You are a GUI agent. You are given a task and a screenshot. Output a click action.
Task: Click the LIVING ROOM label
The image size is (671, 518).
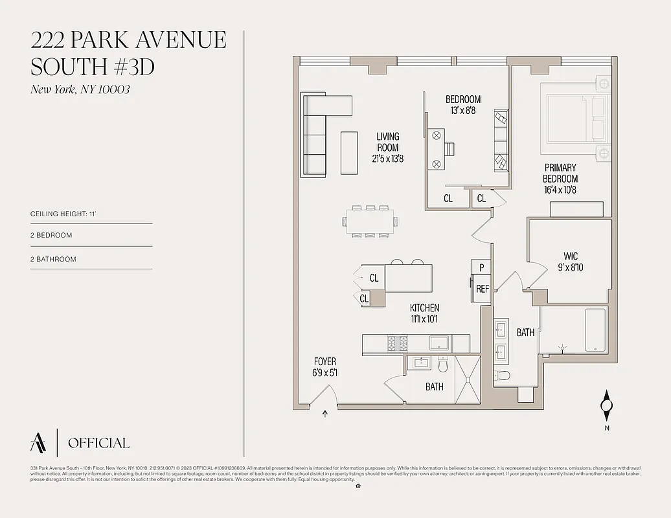(x=388, y=147)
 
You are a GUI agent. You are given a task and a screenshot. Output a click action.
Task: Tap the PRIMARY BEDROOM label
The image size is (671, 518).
(x=560, y=179)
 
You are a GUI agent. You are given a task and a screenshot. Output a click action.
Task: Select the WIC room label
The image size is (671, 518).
(x=571, y=262)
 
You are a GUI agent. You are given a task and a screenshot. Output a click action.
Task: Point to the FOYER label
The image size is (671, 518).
(x=325, y=367)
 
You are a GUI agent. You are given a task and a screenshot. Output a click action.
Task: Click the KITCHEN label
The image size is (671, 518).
(x=424, y=313)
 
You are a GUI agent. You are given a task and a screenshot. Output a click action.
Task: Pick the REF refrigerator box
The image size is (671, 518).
(x=482, y=289)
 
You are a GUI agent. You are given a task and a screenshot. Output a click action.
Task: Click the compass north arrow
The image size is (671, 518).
(x=607, y=406)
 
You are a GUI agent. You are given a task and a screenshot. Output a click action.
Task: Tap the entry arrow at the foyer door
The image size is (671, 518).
(x=324, y=413)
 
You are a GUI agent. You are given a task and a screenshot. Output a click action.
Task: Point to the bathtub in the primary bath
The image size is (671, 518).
(x=595, y=330)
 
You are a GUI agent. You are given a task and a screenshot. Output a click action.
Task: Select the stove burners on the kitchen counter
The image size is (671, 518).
(x=397, y=343)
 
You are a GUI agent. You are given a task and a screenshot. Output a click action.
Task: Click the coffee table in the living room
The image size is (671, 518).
(x=349, y=152)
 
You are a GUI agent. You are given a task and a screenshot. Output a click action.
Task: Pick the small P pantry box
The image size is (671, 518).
(x=482, y=267)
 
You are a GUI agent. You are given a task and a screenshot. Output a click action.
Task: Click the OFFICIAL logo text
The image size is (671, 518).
(x=98, y=444)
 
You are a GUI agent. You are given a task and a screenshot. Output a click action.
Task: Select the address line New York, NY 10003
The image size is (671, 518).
(x=80, y=89)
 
